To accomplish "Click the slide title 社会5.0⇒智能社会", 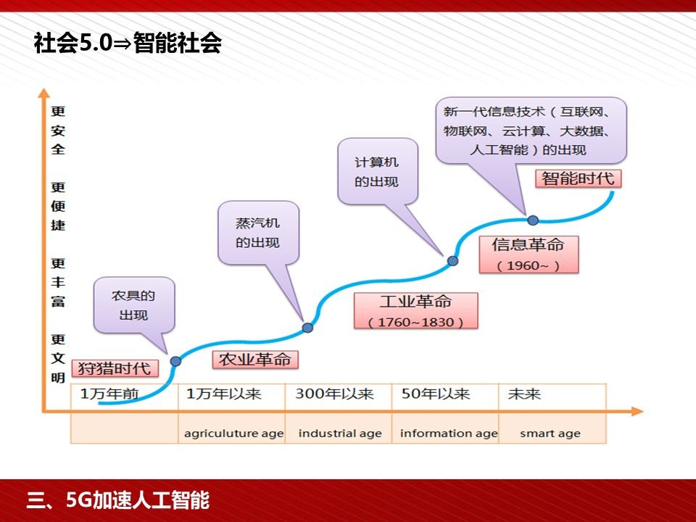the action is pyautogui.click(x=128, y=43).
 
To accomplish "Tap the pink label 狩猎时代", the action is pyautogui.click(x=115, y=368).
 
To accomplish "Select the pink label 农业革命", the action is pyautogui.click(x=255, y=360).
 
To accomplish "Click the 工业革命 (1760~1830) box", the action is pyautogui.click(x=416, y=311).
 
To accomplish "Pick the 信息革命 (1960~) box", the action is pyautogui.click(x=529, y=254).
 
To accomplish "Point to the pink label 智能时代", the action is pyautogui.click(x=578, y=178).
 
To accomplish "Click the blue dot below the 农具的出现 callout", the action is pyautogui.click(x=175, y=361).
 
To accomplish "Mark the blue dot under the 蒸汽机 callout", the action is pyautogui.click(x=307, y=328).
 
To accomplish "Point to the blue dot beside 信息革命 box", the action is pyautogui.click(x=452, y=261).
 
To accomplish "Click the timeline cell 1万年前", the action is pyautogui.click(x=124, y=397).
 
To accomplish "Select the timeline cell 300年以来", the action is pyautogui.click(x=339, y=397).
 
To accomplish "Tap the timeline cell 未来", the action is pyautogui.click(x=552, y=397).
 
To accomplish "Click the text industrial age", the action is pyautogui.click(x=340, y=434).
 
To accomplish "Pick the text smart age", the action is pyautogui.click(x=550, y=434).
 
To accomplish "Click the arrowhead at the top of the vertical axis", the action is pyautogui.click(x=44, y=93).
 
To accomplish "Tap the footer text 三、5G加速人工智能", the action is pyautogui.click(x=118, y=500).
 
